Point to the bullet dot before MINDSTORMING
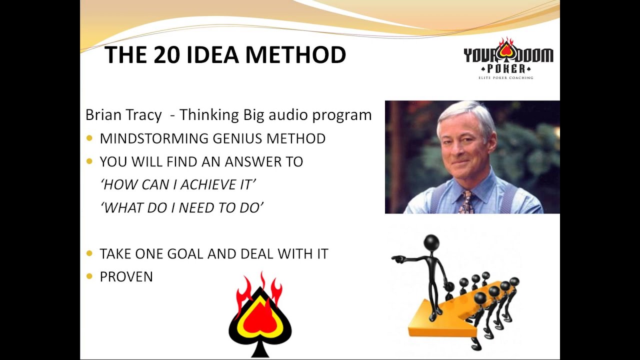(x=89, y=138)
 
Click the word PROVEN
(x=126, y=276)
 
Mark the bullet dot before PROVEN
(x=89, y=276)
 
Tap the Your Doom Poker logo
(x=508, y=56)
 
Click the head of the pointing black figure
(x=431, y=242)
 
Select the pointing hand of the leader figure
(x=396, y=259)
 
